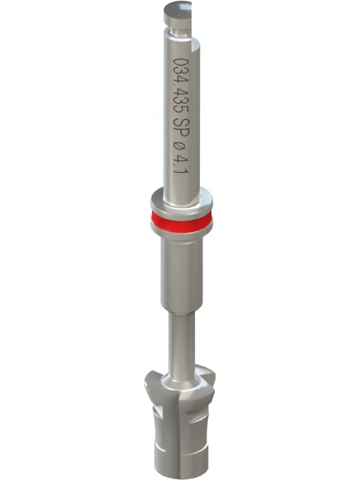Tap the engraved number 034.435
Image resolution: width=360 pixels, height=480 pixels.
pos(180,86)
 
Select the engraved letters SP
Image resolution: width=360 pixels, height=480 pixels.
pos(181,128)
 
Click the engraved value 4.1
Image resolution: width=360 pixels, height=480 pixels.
pos(181,165)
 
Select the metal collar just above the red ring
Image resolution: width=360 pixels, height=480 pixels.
pos(182,202)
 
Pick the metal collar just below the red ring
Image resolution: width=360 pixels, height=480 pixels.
pos(182,234)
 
